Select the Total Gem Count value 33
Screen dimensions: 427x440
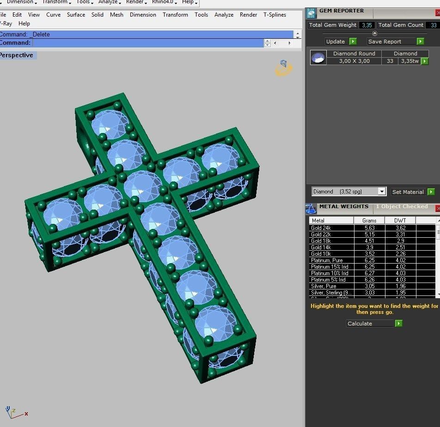tap(433, 25)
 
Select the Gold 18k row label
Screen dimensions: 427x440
tap(321, 241)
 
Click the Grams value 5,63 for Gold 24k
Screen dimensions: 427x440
tap(369, 228)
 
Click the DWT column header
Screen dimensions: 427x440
tap(400, 220)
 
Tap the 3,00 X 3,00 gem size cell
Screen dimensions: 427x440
tap(354, 61)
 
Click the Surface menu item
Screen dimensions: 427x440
tap(76, 15)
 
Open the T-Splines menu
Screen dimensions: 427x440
tap(275, 15)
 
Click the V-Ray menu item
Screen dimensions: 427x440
tap(5, 24)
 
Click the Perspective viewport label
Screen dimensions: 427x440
tap(16, 55)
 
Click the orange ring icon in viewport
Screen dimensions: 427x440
tap(283, 68)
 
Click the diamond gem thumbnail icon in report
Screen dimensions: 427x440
tap(318, 57)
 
